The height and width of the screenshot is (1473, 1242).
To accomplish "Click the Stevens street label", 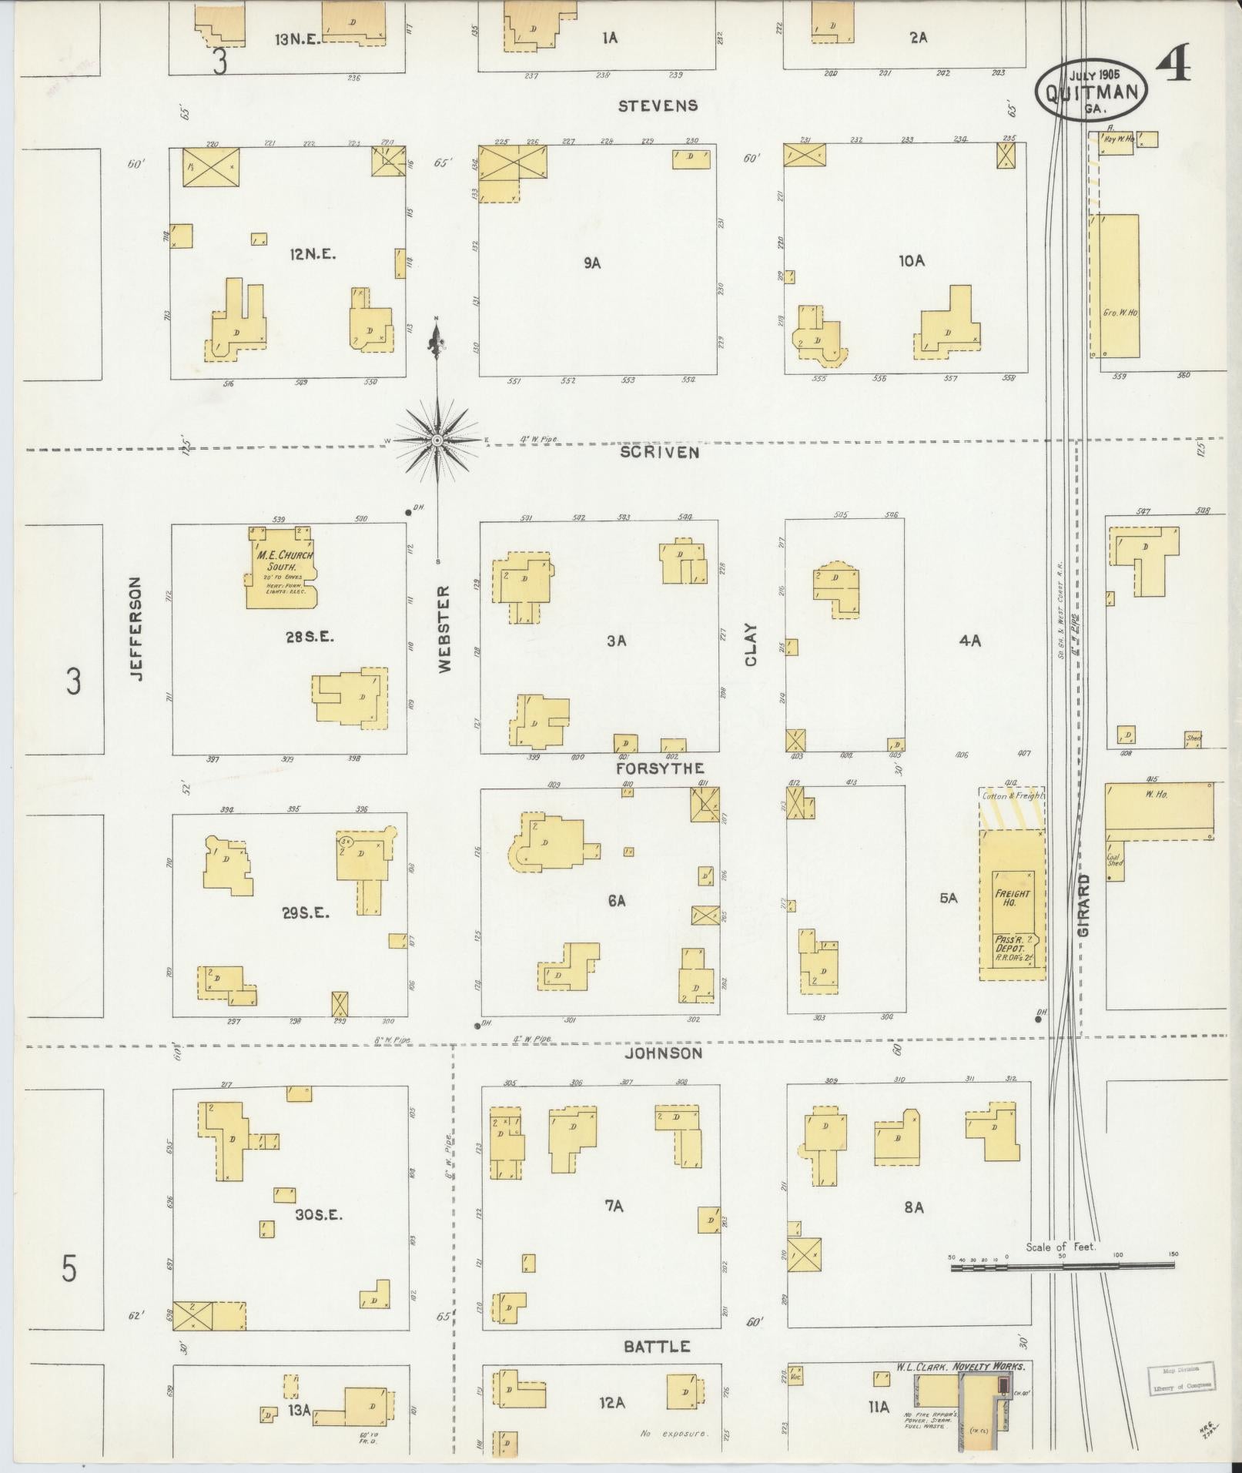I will coord(658,105).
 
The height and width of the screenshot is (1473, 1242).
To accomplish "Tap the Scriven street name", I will coord(660,452).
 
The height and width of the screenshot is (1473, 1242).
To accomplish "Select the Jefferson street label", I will coord(136,628).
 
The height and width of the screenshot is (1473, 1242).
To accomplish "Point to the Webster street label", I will coord(444,629).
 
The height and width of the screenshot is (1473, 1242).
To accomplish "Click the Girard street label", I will coord(1084,905).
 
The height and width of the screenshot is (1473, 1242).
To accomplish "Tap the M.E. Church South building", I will coord(280,568).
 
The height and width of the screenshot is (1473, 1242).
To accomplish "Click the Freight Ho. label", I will coord(1012,898).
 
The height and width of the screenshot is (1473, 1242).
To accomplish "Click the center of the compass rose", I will coord(437,440).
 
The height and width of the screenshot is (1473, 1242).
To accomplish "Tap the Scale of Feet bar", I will coord(1063,1264).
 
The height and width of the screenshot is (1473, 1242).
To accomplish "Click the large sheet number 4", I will coord(1173,66).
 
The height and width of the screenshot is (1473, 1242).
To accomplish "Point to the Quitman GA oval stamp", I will coord(1091,90).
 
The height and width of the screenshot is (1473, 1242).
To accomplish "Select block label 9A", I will coord(591,263).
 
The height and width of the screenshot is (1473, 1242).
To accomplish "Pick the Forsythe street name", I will coord(660,768).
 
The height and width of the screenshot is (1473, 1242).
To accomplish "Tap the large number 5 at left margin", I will coord(69,1267).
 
